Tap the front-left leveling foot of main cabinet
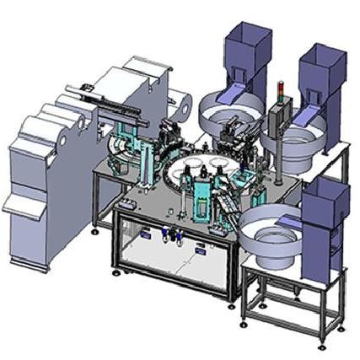[117, 271]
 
